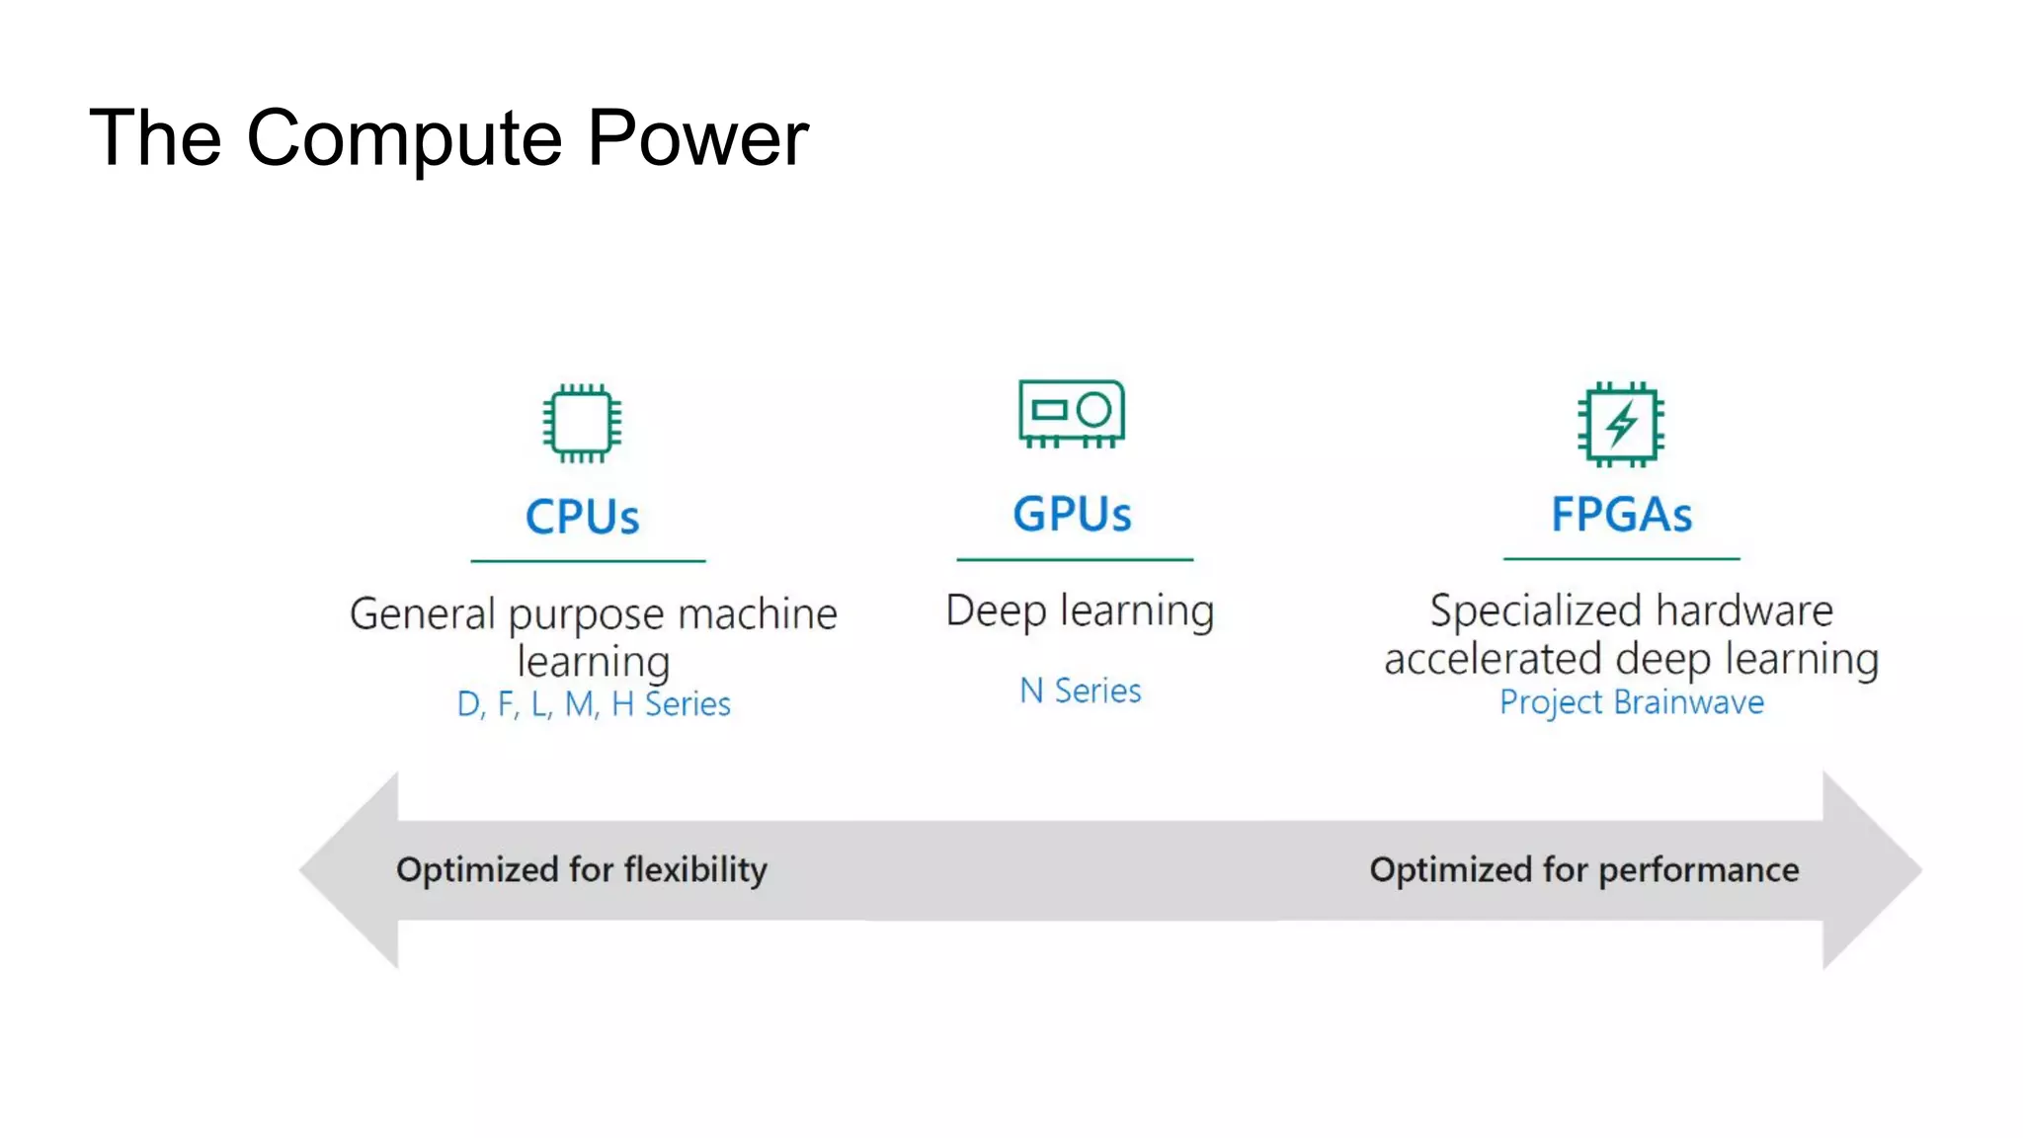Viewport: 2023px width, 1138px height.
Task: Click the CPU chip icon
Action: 582,423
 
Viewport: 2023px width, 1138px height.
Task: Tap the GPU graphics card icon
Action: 1072,413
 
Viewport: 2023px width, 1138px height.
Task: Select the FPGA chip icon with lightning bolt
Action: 1621,424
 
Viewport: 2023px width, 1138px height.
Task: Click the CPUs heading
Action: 583,517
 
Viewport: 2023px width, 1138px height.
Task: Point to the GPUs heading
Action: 1073,514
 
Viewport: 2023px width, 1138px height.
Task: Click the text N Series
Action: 1081,691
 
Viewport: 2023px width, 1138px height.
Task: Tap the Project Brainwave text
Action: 1632,701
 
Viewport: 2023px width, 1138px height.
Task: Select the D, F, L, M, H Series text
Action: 594,703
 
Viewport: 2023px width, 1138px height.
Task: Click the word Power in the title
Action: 697,138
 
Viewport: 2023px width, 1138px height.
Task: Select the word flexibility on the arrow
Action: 695,870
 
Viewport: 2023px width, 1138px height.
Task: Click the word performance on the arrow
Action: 1699,870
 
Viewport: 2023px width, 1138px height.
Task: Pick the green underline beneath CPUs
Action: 588,561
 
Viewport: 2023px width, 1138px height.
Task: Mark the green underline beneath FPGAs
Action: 1621,559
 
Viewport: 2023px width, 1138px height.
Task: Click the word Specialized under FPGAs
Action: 1536,611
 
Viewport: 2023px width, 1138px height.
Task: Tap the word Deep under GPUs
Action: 996,611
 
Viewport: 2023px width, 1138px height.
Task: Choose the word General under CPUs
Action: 423,614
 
